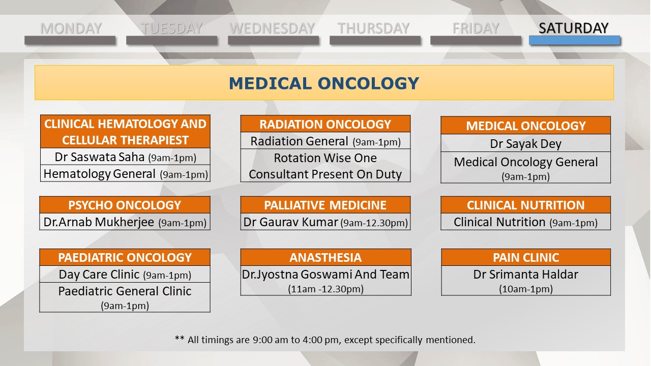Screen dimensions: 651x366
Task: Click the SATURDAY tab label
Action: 573,28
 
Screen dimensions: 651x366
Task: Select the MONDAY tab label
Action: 71,28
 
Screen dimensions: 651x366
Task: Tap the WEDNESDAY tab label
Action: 272,28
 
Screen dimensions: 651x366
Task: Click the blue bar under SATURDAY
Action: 575,40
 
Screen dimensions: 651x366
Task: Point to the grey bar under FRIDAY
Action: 476,40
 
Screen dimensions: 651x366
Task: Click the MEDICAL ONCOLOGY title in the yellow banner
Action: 324,83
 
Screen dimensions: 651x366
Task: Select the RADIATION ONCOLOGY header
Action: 325,124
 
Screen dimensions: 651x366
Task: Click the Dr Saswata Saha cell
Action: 125,157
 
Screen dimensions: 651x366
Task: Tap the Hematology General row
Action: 125,174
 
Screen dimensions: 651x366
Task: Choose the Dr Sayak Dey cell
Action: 526,143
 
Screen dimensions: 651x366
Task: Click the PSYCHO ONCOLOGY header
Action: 125,205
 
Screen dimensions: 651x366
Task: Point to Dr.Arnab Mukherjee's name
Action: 99,222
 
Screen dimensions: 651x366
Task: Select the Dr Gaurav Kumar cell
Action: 325,222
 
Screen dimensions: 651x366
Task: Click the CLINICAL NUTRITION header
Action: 526,205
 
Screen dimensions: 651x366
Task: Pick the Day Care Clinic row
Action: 125,274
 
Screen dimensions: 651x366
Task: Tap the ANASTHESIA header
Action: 326,257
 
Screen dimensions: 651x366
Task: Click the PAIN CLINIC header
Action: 526,257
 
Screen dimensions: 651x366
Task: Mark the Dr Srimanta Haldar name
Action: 526,274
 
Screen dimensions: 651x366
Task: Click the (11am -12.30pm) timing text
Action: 326,289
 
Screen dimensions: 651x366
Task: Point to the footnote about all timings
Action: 325,340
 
